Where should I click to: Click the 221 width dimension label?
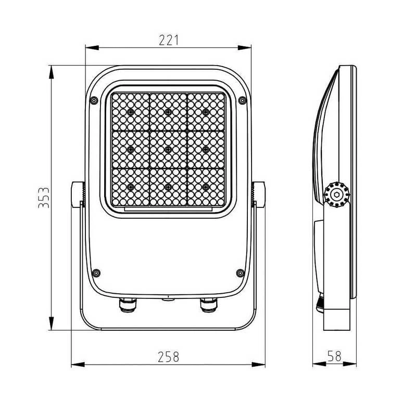tap(168, 40)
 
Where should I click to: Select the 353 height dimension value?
tap(44, 197)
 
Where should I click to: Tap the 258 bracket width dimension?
tap(168, 357)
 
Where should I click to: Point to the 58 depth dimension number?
tap(335, 356)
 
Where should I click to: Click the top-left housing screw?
tap(94, 100)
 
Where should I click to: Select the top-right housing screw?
tap(242, 100)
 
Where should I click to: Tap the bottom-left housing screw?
tap(96, 273)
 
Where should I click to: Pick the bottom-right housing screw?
tap(240, 273)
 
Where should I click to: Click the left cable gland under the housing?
tap(128, 305)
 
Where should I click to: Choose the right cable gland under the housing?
tap(208, 305)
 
